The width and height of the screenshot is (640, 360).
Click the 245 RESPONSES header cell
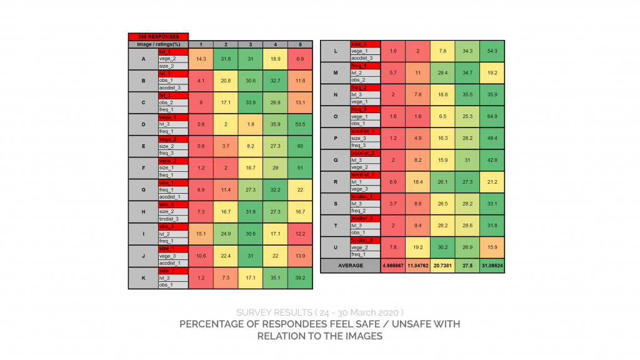point(158,37)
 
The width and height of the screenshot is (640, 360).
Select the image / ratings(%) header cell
point(158,44)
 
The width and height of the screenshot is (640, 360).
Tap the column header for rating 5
point(300,44)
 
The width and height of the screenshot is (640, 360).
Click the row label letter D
point(143,124)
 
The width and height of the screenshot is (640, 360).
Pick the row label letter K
point(143,277)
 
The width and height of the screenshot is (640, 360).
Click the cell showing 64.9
point(492,116)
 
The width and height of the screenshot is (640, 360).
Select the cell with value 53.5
point(300,124)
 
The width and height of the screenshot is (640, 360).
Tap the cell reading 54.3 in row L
point(492,51)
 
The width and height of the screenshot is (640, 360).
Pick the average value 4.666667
point(392,266)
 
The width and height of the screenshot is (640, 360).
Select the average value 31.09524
point(492,266)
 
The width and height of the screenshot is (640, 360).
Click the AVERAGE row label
point(350,266)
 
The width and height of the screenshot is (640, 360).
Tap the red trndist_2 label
point(362,219)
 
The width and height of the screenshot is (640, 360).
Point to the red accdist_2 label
point(362,153)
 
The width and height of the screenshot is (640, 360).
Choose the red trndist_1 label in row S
point(362,197)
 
